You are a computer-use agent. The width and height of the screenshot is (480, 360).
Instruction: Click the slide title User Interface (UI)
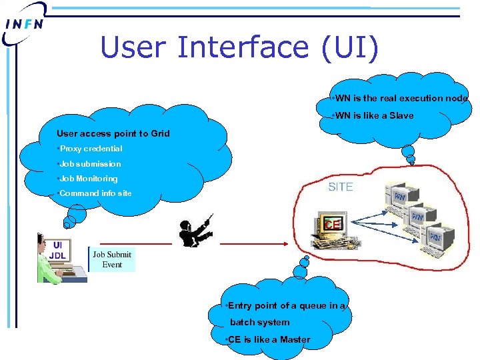tap(239, 47)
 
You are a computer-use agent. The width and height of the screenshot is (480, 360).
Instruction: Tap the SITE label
tap(341, 187)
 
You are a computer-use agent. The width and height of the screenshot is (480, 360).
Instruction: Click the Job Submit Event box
tap(112, 259)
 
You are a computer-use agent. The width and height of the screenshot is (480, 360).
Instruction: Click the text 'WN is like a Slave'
tap(374, 116)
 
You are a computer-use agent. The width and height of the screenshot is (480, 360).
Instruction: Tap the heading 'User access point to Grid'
tap(113, 133)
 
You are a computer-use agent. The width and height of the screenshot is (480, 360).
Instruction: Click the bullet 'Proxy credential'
tap(91, 149)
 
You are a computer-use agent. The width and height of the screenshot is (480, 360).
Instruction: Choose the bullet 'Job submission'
tap(90, 164)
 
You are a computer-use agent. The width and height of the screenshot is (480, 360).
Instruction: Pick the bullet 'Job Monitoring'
tap(88, 179)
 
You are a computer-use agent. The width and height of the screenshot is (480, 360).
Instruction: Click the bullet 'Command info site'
tap(95, 193)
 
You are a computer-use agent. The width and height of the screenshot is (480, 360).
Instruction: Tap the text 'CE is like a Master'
tap(269, 339)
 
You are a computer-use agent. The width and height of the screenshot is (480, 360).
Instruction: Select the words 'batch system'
tap(260, 323)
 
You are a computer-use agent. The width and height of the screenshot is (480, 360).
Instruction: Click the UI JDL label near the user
tap(59, 250)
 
